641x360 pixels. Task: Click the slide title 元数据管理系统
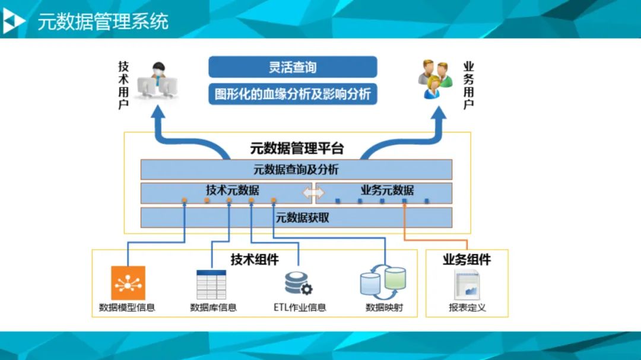(x=103, y=21)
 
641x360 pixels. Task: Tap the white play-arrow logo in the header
(x=13, y=22)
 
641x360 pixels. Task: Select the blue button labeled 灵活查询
(x=293, y=67)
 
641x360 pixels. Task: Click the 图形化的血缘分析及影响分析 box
(x=293, y=94)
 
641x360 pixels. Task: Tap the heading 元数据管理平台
(x=297, y=148)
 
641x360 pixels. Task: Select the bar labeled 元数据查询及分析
(x=296, y=170)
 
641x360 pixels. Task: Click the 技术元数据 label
(x=233, y=190)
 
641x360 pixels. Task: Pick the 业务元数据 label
(x=387, y=190)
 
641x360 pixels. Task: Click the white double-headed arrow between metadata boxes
(x=313, y=193)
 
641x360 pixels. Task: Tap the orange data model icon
(x=128, y=283)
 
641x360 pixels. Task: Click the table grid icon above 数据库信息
(x=212, y=285)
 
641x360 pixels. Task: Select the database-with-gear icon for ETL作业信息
(x=298, y=283)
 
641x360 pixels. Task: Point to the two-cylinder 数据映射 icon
(x=383, y=282)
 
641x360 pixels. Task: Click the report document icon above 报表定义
(x=467, y=284)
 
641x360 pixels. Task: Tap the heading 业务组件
(x=467, y=259)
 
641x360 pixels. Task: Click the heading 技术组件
(x=255, y=259)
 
